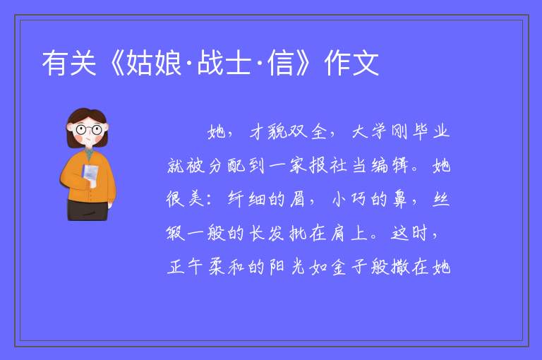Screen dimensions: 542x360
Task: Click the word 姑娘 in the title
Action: coord(154,63)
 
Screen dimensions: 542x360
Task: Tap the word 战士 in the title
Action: coord(224,63)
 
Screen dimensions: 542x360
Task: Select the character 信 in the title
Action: coord(281,63)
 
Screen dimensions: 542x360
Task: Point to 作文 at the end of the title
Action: coord(351,63)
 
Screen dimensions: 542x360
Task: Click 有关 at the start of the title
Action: coord(69,63)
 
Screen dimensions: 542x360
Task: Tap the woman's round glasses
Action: coord(88,130)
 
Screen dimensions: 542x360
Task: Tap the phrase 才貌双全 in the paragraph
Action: coord(288,132)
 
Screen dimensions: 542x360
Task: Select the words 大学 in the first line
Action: coord(369,132)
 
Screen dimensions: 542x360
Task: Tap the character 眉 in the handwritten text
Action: coord(297,199)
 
